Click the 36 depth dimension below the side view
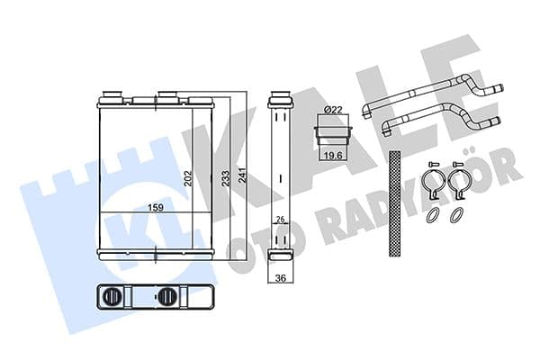pyautogui.click(x=280, y=277)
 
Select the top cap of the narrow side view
pyautogui.click(x=279, y=94)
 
